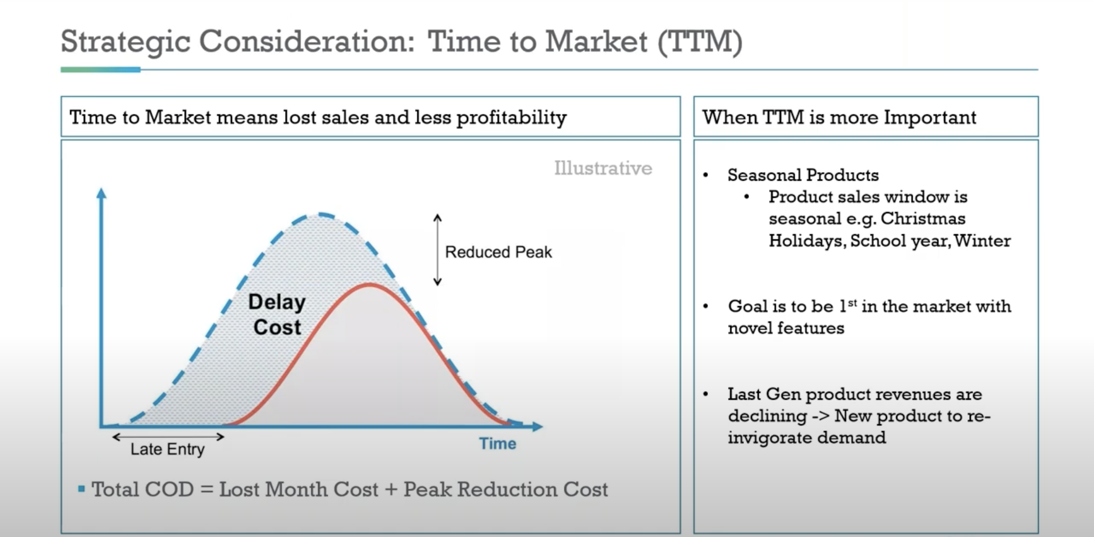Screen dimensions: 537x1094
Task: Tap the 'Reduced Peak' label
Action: coord(498,252)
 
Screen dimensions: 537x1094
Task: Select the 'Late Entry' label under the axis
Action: coord(167,449)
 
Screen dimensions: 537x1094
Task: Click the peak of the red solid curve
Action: coord(370,285)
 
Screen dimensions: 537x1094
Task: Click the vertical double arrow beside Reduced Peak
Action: coord(437,250)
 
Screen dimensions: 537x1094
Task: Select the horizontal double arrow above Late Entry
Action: coord(168,437)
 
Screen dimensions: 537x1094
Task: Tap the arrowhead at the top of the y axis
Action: coord(101,193)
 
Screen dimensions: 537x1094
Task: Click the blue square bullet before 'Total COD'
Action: coord(81,489)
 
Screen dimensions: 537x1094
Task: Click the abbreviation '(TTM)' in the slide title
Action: coord(700,42)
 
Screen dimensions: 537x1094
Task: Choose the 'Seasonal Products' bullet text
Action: coord(803,175)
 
